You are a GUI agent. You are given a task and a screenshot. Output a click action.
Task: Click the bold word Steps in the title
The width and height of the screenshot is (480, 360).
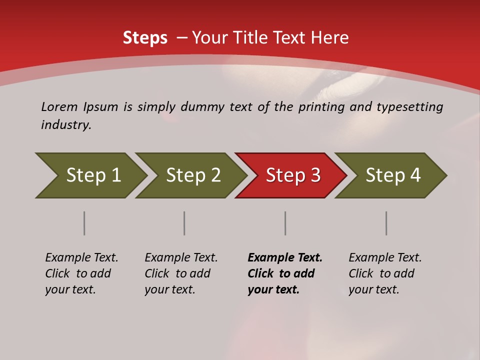tap(145, 38)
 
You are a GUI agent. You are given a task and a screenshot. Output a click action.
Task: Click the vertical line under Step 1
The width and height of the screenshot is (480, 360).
tap(84, 223)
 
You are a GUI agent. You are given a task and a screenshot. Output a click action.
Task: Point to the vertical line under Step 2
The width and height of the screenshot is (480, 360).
tap(184, 223)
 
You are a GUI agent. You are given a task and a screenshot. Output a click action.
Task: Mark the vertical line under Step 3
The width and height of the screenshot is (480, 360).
tap(285, 223)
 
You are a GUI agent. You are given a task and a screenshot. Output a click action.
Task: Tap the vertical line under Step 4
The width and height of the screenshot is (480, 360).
tap(386, 223)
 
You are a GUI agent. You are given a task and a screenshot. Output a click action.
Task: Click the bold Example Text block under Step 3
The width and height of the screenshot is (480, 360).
tap(285, 273)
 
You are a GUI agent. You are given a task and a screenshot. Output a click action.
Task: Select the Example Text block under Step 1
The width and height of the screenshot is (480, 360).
tap(81, 273)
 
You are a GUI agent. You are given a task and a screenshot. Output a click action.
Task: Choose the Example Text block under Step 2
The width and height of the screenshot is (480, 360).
tap(181, 273)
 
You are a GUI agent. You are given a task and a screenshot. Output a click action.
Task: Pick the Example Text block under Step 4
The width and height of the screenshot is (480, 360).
tap(385, 273)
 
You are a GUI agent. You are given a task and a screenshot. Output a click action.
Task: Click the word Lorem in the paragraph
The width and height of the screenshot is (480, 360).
tap(59, 107)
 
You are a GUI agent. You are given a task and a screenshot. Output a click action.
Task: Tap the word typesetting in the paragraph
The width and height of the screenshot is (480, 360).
tap(410, 107)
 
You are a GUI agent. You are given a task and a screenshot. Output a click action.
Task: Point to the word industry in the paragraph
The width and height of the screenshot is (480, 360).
tap(66, 125)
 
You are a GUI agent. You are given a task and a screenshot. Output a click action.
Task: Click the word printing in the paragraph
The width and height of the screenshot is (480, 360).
tap(320, 107)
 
